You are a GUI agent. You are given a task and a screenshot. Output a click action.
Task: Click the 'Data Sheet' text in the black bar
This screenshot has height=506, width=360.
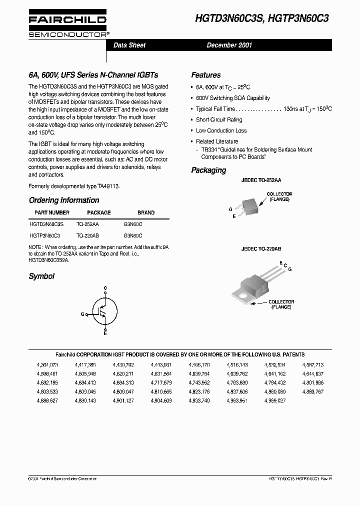tap(129, 45)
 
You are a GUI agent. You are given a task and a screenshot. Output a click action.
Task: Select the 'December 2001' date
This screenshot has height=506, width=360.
tap(229, 45)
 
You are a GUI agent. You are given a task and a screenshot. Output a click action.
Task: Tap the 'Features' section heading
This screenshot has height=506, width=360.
tap(205, 75)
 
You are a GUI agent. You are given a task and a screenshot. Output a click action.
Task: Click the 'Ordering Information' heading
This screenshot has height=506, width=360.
tap(64, 200)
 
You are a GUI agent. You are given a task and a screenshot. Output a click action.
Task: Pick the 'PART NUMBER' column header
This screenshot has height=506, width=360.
tap(52, 212)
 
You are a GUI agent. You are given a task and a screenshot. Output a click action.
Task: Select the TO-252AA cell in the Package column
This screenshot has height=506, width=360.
tap(87, 224)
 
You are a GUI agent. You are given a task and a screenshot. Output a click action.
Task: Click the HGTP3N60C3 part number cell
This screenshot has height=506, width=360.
tap(45, 235)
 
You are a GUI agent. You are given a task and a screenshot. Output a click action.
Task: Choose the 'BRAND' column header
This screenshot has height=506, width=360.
tap(146, 212)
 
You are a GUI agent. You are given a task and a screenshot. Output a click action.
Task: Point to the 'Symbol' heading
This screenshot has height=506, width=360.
tap(41, 276)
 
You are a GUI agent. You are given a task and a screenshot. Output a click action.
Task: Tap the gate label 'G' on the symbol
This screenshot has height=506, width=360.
tap(82, 314)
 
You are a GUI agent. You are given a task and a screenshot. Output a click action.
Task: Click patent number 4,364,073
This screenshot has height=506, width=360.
tap(47, 365)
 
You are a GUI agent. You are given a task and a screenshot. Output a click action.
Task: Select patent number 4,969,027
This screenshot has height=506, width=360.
tap(275, 400)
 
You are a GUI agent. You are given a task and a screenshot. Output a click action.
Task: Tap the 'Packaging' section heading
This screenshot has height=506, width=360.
tap(208, 170)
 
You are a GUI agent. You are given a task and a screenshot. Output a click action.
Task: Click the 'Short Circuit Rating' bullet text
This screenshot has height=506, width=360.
tap(219, 119)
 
